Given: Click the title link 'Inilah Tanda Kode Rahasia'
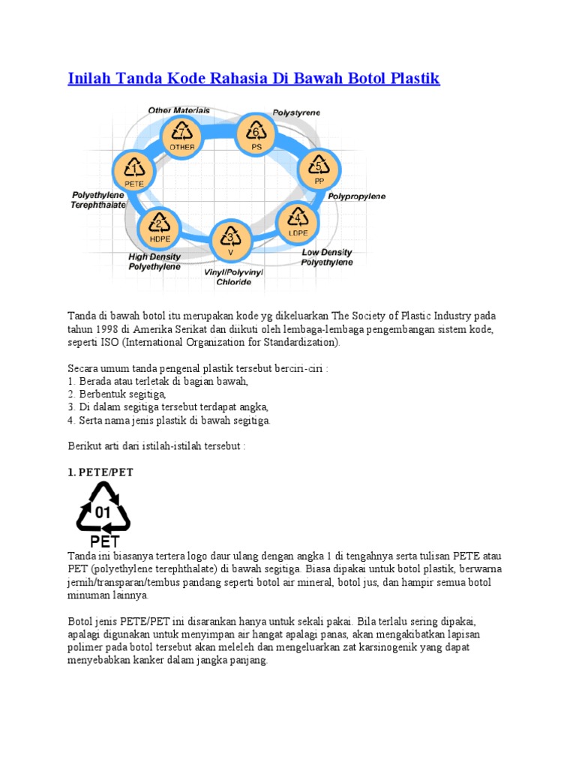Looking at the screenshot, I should (x=253, y=78).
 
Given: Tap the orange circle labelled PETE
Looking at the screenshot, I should (x=134, y=171).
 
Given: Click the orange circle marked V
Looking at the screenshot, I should (x=231, y=241).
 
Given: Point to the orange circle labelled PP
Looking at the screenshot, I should (x=319, y=170).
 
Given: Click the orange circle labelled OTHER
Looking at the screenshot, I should (x=182, y=136).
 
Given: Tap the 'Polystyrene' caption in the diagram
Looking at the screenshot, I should (x=296, y=112).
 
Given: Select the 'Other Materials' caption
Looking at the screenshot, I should (x=179, y=110).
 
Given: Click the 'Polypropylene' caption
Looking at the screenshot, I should (x=356, y=196).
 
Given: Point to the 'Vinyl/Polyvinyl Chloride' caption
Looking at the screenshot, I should (x=234, y=277).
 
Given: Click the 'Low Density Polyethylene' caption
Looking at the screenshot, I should (x=327, y=257).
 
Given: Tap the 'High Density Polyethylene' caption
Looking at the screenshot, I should (x=154, y=261).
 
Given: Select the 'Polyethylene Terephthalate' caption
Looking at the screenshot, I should (x=99, y=199).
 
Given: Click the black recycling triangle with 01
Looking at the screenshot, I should (x=103, y=509).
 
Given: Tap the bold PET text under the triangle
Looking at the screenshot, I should (x=104, y=541).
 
